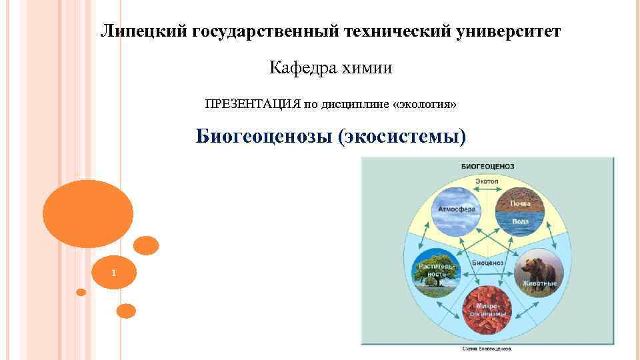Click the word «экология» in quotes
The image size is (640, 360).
tap(425, 104)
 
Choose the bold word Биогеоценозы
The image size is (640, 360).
tap(264, 136)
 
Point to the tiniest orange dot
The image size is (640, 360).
tap(81, 292)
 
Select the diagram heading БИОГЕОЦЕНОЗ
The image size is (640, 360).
tap(487, 166)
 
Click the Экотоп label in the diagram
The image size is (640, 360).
tap(487, 181)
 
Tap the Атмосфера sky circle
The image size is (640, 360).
tap(457, 209)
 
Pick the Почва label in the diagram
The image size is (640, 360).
tap(520, 203)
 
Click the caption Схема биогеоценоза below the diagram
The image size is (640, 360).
tap(487, 349)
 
